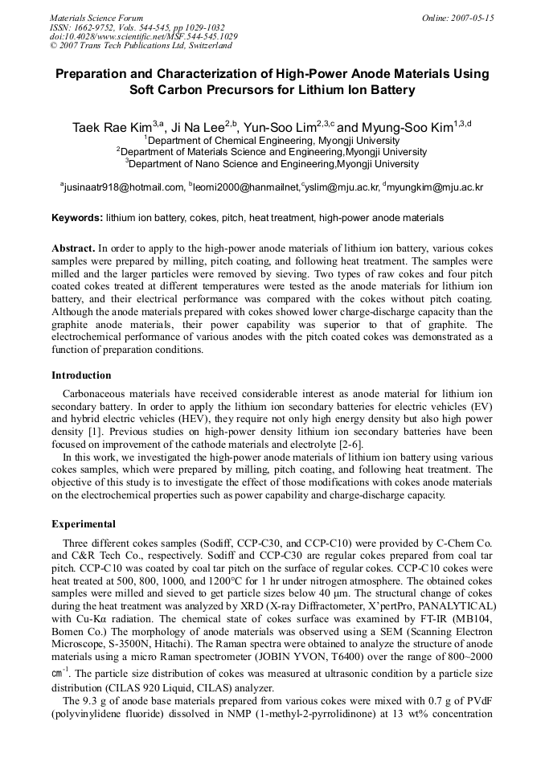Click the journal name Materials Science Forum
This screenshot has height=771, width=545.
pos(96,18)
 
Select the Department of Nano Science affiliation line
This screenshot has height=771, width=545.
pos(272,164)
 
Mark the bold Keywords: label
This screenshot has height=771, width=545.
pos(77,218)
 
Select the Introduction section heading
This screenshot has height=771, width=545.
pos(81,375)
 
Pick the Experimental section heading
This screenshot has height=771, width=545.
pos(84,524)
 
